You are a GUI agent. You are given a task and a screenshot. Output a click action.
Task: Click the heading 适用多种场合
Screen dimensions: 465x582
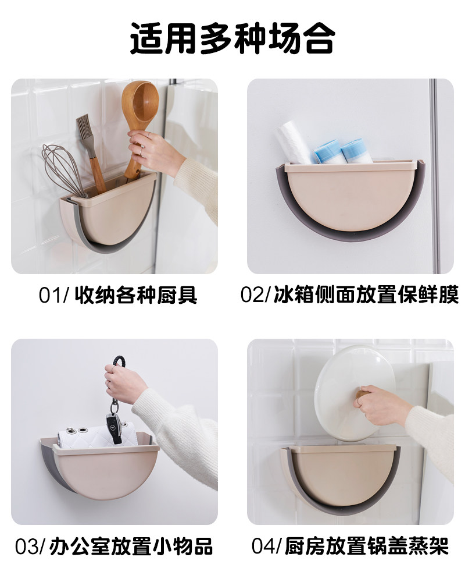[x=233, y=38]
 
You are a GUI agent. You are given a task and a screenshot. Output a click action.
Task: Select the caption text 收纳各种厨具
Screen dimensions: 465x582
[x=135, y=296]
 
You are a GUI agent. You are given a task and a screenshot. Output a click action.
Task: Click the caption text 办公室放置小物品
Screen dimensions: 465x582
[x=131, y=546]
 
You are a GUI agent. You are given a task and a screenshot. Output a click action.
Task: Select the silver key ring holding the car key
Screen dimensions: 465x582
[x=114, y=406]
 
